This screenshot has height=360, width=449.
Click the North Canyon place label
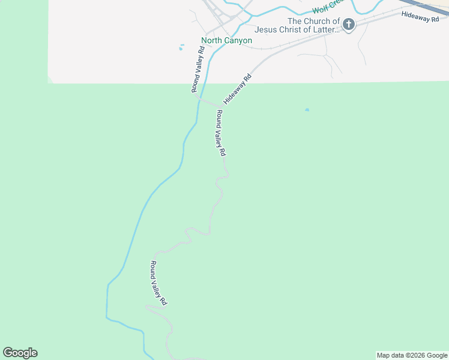(x=226, y=41)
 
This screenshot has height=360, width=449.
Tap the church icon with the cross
(x=348, y=25)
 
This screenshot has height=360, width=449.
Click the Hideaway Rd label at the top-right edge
(x=424, y=17)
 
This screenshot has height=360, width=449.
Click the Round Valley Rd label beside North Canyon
(x=199, y=70)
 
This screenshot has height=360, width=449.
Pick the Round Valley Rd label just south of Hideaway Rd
(x=220, y=133)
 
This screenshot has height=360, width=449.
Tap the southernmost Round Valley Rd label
(x=158, y=283)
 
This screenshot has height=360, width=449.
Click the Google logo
(x=20, y=353)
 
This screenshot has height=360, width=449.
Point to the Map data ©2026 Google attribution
(x=412, y=355)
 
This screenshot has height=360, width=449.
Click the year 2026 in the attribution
(x=418, y=355)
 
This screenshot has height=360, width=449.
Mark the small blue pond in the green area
(x=307, y=110)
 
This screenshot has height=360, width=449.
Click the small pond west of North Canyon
(x=181, y=47)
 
